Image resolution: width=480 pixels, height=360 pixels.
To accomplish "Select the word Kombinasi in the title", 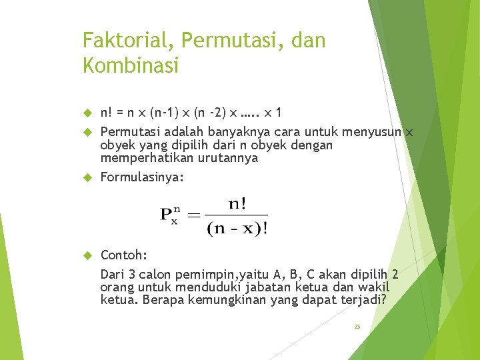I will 131,65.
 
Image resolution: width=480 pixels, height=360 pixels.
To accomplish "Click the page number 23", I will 357,327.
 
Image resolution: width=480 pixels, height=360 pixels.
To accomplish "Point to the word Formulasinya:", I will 142,178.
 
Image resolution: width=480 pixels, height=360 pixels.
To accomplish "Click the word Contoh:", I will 124,255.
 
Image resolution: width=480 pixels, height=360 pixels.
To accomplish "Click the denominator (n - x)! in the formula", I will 238,229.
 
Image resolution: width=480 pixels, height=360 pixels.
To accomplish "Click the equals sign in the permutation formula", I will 193,215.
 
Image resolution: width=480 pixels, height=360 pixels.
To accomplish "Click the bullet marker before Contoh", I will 86,255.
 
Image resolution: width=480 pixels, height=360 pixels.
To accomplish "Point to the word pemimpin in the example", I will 191,274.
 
